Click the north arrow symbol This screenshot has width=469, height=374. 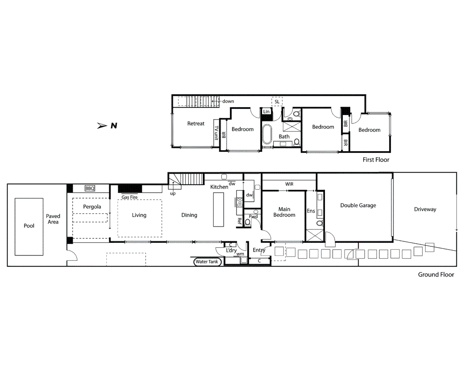pyautogui.click(x=102, y=126)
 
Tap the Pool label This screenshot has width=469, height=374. pyautogui.click(x=29, y=226)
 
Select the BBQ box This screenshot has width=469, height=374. pyautogui.click(x=90, y=188)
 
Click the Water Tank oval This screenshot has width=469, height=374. pyautogui.click(x=207, y=262)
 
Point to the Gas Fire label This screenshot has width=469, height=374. pyautogui.click(x=129, y=197)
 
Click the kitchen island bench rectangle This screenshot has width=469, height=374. pyautogui.click(x=218, y=210)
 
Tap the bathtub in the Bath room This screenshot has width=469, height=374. pyautogui.click(x=267, y=134)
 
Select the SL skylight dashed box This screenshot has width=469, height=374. pyautogui.click(x=277, y=101)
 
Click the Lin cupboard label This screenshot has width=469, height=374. pyautogui.click(x=266, y=112)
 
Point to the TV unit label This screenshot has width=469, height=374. pyautogui.click(x=216, y=133)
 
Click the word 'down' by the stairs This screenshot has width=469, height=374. pyautogui.click(x=228, y=101)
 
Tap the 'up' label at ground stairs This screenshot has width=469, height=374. pyautogui.click(x=173, y=194)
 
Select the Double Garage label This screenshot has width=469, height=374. pyautogui.click(x=358, y=205)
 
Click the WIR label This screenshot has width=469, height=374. pyautogui.click(x=289, y=184)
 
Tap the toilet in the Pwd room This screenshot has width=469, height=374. pyautogui.click(x=248, y=222)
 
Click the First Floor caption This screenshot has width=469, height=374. pyautogui.click(x=376, y=160)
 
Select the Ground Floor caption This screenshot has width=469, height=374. pyautogui.click(x=436, y=275)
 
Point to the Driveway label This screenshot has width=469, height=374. pyautogui.click(x=425, y=209)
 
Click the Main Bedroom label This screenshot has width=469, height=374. pyautogui.click(x=284, y=212)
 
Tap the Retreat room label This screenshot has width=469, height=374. pyautogui.click(x=196, y=124)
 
